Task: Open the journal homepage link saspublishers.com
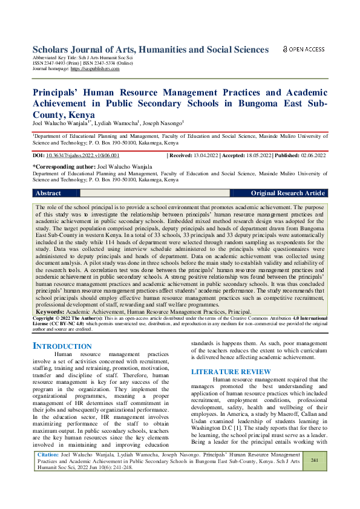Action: pos(95,69)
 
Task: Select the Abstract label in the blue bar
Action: pos(48,193)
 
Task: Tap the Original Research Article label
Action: pos(288,193)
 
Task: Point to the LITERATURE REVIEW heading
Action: pos(231,371)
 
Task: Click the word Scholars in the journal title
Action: pos(54,50)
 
